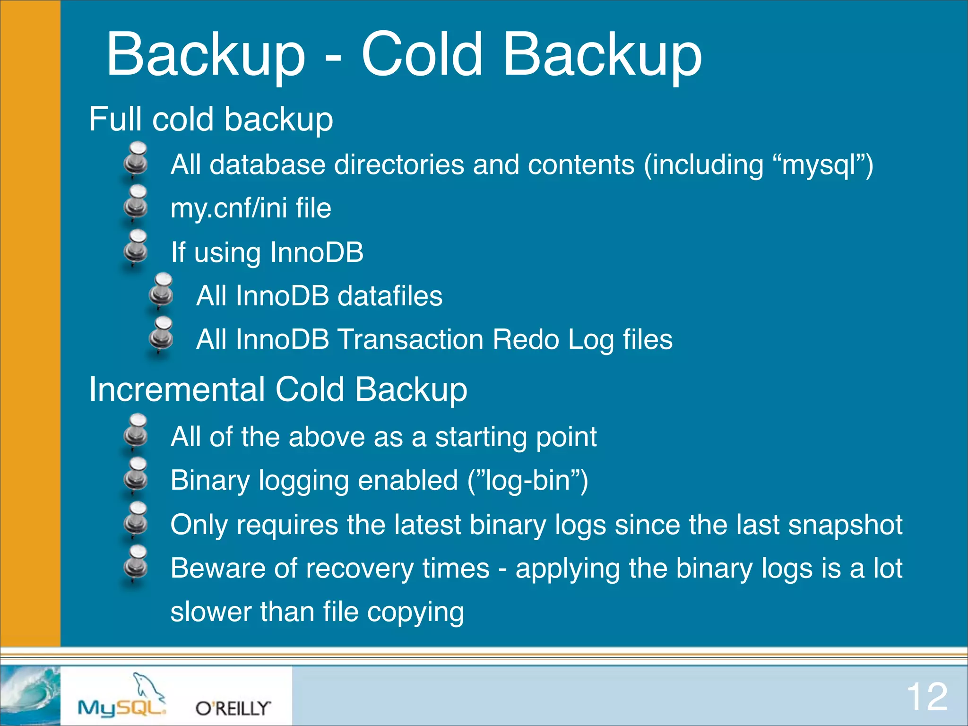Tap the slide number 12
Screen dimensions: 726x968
pyautogui.click(x=926, y=697)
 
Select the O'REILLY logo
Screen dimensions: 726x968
pyautogui.click(x=233, y=708)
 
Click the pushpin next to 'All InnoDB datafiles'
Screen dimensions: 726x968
pyautogui.click(x=161, y=291)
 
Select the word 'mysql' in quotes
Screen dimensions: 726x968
pyautogui.click(x=819, y=165)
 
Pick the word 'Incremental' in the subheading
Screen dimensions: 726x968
pyautogui.click(x=177, y=390)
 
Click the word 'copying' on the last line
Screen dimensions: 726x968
pyautogui.click(x=415, y=613)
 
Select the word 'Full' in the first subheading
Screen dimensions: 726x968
pyautogui.click(x=115, y=119)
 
